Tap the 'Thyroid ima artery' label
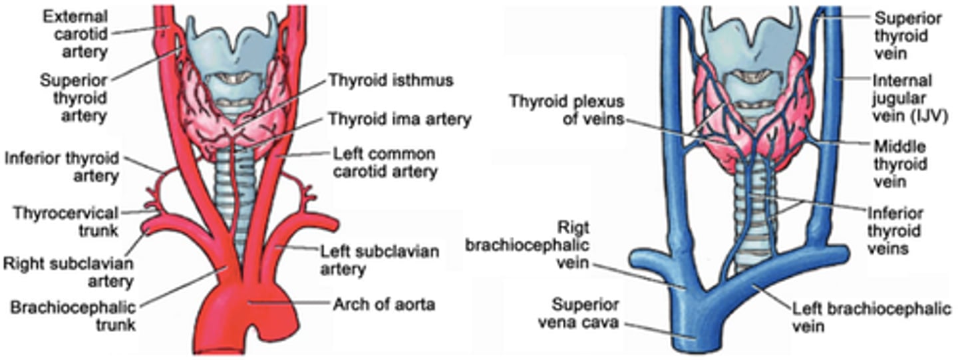[x=399, y=120]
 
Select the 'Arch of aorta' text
[x=384, y=305]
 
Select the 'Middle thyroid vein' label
[x=898, y=164]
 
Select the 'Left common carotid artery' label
[x=385, y=163]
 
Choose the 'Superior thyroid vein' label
[x=907, y=35]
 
